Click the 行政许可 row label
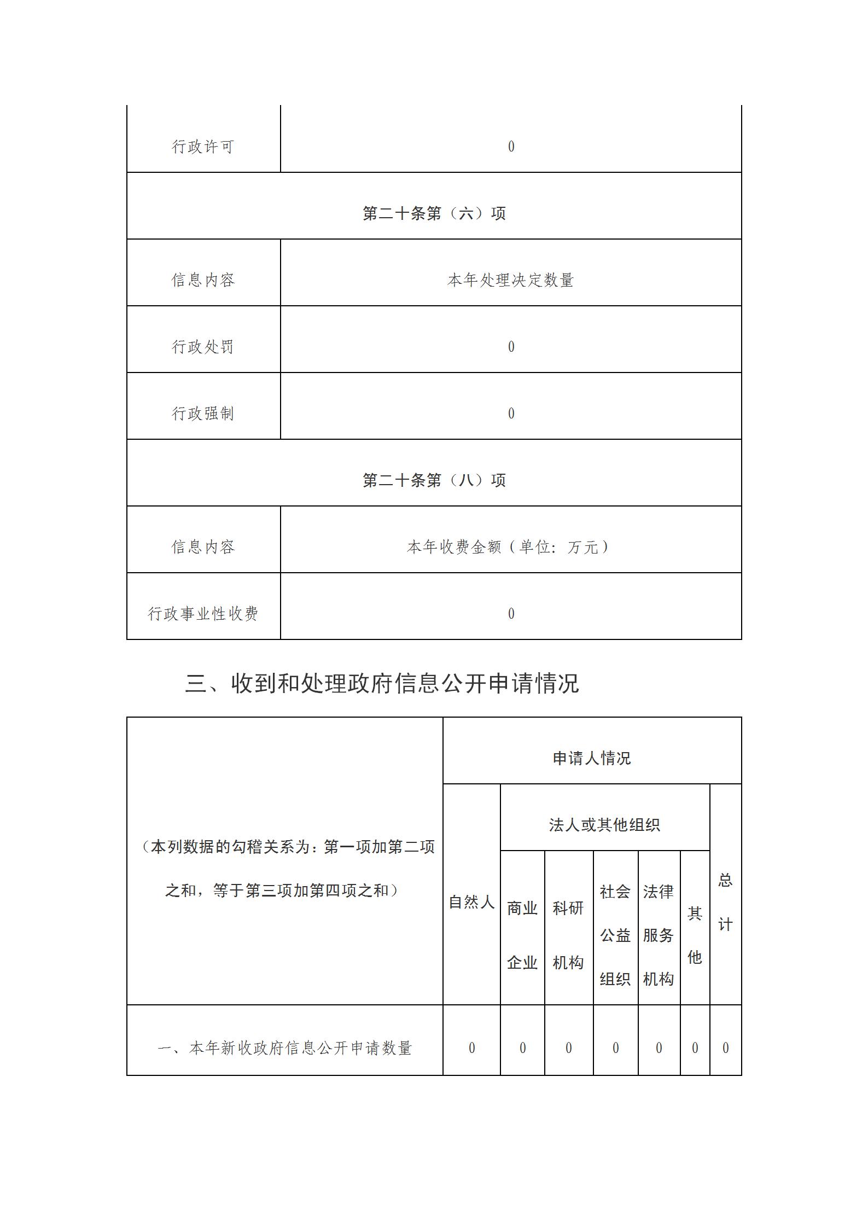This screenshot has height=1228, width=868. [x=203, y=147]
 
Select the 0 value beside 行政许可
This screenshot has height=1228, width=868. [x=511, y=147]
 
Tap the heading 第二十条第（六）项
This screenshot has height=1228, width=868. [x=434, y=213]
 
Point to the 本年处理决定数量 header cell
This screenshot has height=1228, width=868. [x=511, y=280]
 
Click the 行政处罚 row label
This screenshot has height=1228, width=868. [x=203, y=347]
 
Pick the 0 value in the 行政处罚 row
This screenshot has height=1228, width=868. [x=511, y=347]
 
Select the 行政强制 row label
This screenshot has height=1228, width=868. [x=203, y=414]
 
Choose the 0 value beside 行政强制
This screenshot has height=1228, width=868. [x=511, y=414]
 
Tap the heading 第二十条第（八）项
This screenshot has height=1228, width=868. [x=434, y=480]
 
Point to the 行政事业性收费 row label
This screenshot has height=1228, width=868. [x=203, y=614]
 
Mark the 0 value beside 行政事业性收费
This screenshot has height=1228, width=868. [x=511, y=614]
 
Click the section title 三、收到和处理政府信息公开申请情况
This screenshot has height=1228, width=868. [x=382, y=684]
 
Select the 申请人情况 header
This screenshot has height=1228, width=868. [x=592, y=758]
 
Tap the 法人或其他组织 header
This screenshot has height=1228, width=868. [x=604, y=825]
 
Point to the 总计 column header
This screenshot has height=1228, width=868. [x=725, y=903]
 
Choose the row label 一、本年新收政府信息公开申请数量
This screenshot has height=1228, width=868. [x=284, y=1048]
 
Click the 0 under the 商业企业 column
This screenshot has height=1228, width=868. [x=522, y=1048]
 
